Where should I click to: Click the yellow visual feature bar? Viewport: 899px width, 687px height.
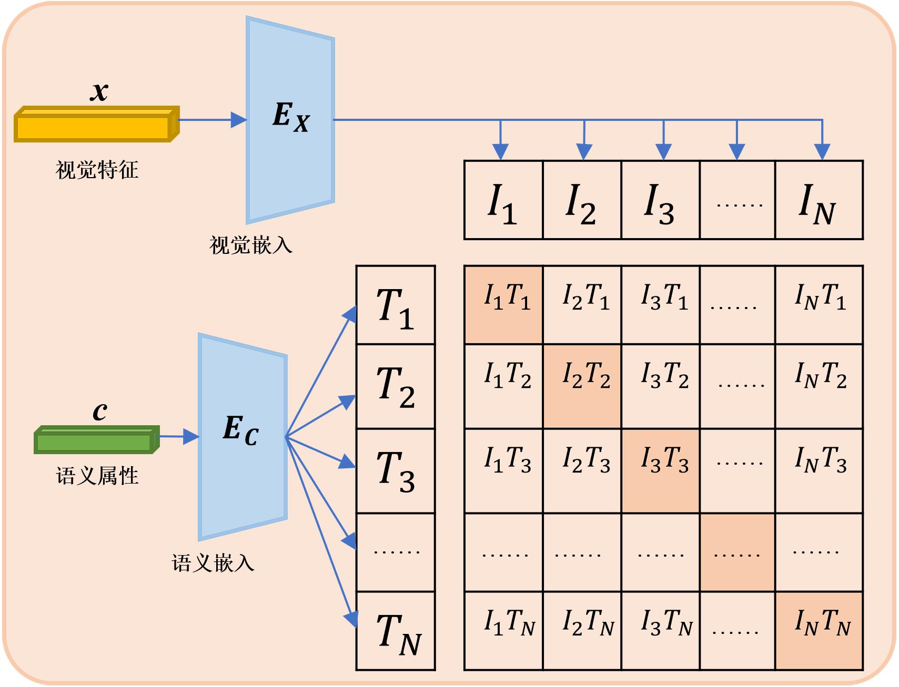tap(97, 124)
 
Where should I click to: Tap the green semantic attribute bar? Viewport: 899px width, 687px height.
tap(97, 439)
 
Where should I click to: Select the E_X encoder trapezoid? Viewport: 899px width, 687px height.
tap(290, 120)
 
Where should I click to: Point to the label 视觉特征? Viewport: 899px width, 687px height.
tap(97, 170)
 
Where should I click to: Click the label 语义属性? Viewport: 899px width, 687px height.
tap(97, 476)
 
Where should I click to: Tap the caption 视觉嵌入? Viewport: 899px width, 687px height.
tap(251, 245)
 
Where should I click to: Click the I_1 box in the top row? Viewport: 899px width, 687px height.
tap(503, 200)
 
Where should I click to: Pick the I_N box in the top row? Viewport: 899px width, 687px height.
tap(819, 200)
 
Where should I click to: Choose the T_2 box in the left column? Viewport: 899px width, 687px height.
tap(396, 387)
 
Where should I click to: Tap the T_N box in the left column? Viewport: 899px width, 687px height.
tap(396, 631)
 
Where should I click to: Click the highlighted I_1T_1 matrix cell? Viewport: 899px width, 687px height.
tap(503, 305)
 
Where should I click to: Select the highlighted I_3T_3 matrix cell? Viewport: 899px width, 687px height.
tap(660, 471)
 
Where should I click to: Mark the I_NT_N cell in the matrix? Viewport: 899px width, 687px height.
tap(819, 631)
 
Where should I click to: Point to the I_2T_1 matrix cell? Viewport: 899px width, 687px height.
tap(582, 305)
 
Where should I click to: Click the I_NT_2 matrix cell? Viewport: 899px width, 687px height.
tap(819, 387)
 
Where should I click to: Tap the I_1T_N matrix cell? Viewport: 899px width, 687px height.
tap(503, 631)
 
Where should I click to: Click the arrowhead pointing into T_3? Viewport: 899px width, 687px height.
tap(348, 463)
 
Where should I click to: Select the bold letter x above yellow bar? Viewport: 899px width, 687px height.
tap(99, 91)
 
